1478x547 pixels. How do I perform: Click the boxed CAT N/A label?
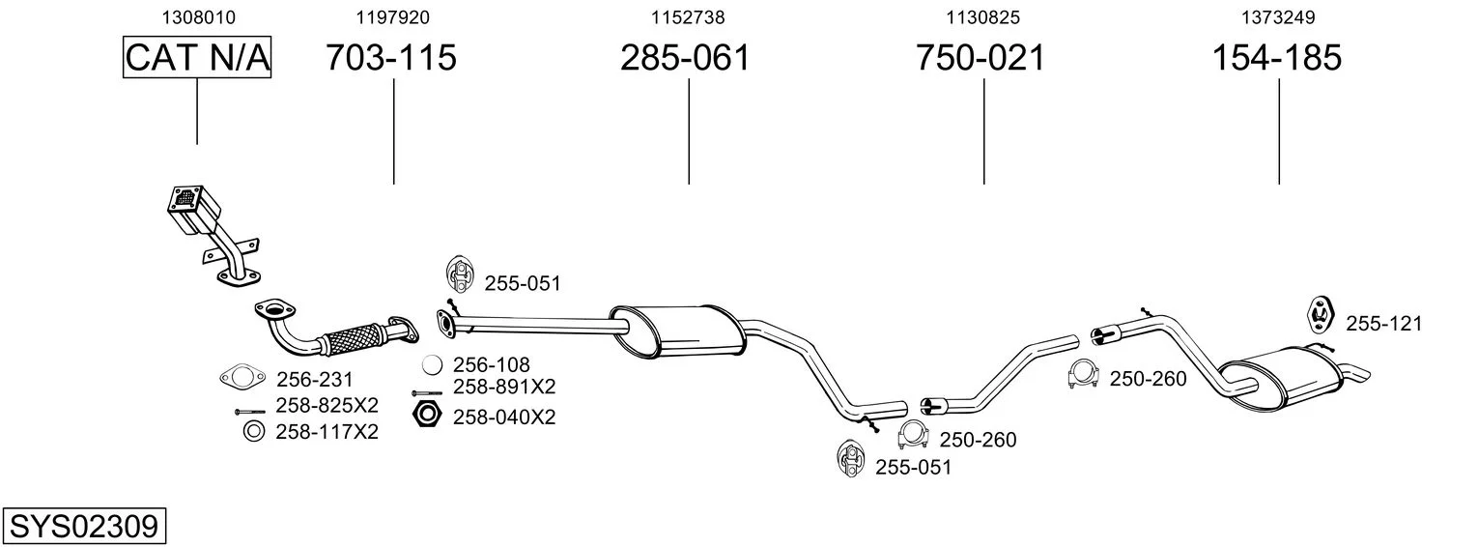(197, 58)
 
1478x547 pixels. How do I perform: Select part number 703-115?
(390, 58)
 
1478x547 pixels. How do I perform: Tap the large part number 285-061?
(685, 58)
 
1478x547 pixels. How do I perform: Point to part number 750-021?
(980, 58)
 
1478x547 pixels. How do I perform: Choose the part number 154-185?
(1276, 58)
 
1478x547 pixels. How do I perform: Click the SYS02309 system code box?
(83, 527)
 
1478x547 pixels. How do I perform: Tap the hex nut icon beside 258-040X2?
(426, 417)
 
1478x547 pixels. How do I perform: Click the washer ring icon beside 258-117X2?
(253, 431)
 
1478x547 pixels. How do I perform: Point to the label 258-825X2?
(327, 405)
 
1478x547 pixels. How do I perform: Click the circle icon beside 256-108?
(434, 365)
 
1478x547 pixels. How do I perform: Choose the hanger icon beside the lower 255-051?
(851, 458)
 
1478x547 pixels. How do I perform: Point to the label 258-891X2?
(504, 387)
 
